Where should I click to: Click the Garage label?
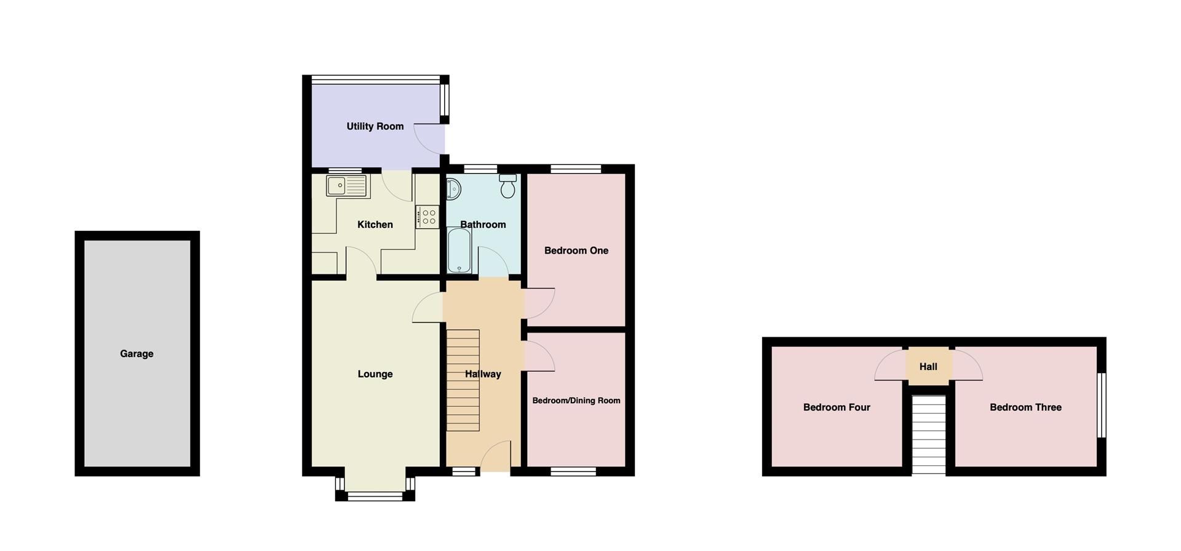tap(137, 354)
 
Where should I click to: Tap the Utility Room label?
tap(375, 126)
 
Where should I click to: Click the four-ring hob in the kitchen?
tap(427, 217)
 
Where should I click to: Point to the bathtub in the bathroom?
tap(459, 251)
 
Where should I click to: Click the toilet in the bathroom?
tap(507, 186)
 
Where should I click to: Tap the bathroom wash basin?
tap(453, 189)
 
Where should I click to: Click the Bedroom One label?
tap(576, 251)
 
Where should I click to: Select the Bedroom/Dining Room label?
tap(576, 401)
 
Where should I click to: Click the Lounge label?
tap(375, 374)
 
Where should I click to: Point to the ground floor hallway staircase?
tap(463, 380)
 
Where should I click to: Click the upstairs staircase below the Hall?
tap(928, 435)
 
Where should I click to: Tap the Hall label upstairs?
tap(928, 367)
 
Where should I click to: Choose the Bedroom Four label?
tap(837, 408)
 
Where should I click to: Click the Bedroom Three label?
tap(1025, 408)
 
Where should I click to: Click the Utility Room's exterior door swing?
tap(429, 139)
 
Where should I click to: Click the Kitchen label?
tap(375, 225)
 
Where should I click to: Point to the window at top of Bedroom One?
tap(576, 169)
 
